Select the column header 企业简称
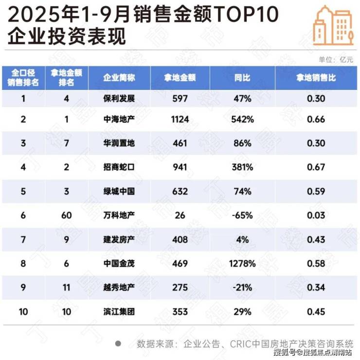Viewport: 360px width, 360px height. pos(119,78)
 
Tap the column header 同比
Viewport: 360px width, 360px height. pos(242,78)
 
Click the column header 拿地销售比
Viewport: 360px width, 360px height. pos(316,78)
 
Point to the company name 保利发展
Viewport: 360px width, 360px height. pos(119,99)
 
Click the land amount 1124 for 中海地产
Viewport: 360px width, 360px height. pos(180,120)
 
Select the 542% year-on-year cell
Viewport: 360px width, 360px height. pos(242,120)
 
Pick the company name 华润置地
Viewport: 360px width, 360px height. pos(119,144)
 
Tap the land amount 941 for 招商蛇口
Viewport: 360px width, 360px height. pos(180,167)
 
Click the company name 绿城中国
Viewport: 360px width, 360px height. pos(119,191)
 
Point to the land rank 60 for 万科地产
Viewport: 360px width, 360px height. pos(67,215)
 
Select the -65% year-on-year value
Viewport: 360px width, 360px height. pos(242,215)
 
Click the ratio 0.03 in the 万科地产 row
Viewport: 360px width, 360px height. pos(316,215)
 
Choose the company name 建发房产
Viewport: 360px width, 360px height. pos(119,239)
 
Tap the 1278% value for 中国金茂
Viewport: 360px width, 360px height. pos(242,263)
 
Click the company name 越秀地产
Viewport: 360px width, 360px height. pos(119,288)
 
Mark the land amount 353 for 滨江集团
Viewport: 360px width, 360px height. pos(180,311)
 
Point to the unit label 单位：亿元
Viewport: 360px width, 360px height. pos(335,59)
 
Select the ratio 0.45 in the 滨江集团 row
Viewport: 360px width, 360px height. pos(316,311)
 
